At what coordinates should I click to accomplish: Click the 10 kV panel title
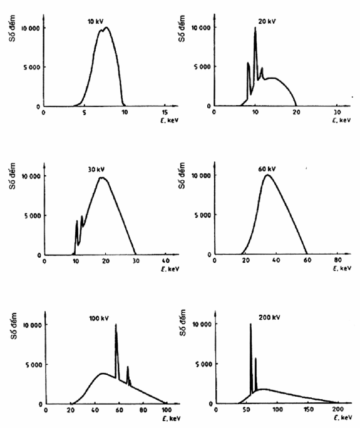click(96, 21)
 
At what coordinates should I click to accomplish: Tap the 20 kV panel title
click(267, 21)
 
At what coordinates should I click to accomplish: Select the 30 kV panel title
click(96, 170)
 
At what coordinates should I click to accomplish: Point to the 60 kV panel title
click(267, 169)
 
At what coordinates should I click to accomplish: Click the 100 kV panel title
click(99, 318)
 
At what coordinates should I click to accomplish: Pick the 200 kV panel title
click(269, 317)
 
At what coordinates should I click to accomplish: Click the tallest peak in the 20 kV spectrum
click(255, 28)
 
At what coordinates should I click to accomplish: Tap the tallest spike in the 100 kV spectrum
click(116, 325)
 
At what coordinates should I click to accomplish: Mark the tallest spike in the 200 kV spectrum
click(250, 324)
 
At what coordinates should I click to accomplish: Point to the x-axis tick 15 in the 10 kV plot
click(165, 113)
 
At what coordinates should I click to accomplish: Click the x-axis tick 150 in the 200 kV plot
click(309, 409)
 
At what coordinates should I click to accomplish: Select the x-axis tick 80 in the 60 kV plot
click(338, 260)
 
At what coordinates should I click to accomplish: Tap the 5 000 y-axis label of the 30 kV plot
click(32, 216)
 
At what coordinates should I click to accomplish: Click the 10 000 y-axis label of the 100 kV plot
click(32, 325)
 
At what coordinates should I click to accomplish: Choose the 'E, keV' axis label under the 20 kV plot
click(341, 120)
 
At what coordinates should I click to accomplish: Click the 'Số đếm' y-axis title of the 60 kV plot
click(182, 175)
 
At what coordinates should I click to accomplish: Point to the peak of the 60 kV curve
click(267, 175)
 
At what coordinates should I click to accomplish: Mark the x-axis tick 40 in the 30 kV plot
click(166, 261)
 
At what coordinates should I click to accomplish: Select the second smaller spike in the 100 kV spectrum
click(128, 367)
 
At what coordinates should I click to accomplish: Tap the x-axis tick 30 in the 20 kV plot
click(337, 112)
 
